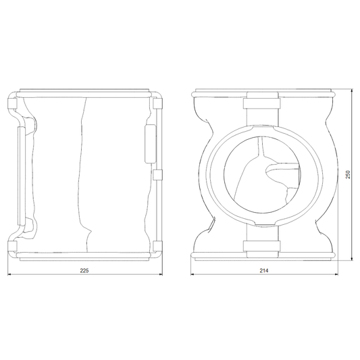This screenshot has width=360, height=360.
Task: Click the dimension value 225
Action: [x=84, y=271]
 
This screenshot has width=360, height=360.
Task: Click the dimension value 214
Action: [x=264, y=271]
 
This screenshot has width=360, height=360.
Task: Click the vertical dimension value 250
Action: [x=348, y=174]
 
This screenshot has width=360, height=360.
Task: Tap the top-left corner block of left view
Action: [x=13, y=103]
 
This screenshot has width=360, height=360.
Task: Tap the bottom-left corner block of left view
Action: [x=13, y=246]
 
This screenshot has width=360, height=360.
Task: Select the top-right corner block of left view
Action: [x=157, y=103]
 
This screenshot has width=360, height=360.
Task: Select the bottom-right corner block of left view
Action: [x=157, y=246]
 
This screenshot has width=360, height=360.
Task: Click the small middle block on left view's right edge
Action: [x=157, y=175]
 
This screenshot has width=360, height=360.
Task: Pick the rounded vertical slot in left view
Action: [x=151, y=144]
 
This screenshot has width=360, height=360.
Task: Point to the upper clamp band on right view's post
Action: [x=262, y=103]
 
